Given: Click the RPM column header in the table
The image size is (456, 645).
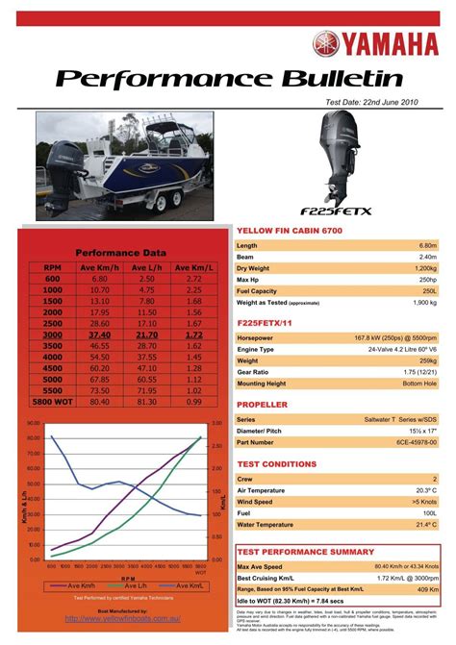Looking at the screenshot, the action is pyautogui.click(x=52, y=267).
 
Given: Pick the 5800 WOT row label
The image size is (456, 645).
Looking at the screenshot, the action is pyautogui.click(x=52, y=403).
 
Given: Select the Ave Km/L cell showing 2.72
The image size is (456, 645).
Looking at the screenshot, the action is pyautogui.click(x=193, y=278).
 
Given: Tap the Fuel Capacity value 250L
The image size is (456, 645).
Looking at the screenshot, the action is pyautogui.click(x=428, y=290).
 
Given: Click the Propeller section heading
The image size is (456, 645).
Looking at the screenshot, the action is pyautogui.click(x=263, y=406).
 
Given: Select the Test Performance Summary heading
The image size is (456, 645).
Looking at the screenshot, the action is pyautogui.click(x=306, y=553).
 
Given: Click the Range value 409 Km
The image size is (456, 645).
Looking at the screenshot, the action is pyautogui.click(x=428, y=589).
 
